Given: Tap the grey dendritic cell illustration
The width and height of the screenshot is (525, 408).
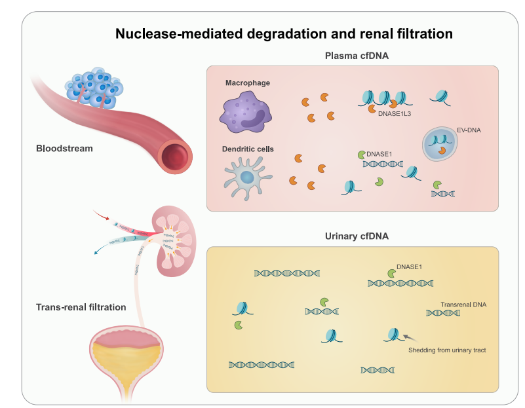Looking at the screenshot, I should pyautogui.click(x=246, y=176).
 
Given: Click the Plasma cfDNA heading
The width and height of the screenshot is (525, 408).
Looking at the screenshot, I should pyautogui.click(x=357, y=56).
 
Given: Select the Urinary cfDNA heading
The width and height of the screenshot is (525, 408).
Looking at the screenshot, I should pyautogui.click(x=357, y=236).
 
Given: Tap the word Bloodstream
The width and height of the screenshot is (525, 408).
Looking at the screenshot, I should pyautogui.click(x=64, y=149).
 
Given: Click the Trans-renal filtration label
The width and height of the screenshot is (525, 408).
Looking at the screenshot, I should pyautogui.click(x=81, y=306).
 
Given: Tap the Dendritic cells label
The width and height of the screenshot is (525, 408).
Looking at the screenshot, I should pyautogui.click(x=248, y=149).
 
